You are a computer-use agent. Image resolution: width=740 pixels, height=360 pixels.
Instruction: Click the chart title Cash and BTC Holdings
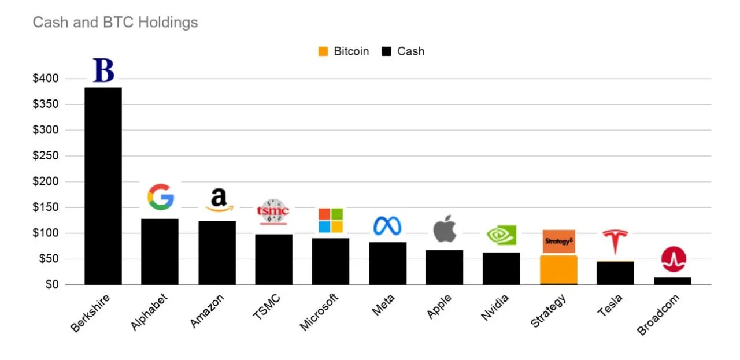tap(115, 23)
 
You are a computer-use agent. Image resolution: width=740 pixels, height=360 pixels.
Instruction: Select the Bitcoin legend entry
tap(343, 51)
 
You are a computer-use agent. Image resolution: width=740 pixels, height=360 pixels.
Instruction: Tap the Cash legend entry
tap(404, 51)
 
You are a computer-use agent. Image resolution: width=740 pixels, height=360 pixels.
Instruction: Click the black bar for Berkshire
tap(103, 186)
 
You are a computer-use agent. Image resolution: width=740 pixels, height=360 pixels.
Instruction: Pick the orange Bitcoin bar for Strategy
tap(558, 269)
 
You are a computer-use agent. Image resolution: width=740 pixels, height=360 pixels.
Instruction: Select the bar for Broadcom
tap(672, 281)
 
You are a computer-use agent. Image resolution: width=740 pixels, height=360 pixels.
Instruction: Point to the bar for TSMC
tap(273, 259)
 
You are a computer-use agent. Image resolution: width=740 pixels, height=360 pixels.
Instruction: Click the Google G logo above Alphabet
tap(160, 197)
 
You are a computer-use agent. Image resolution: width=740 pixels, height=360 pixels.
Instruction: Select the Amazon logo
tap(218, 200)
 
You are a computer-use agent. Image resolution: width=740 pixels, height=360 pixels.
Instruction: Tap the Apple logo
tap(445, 228)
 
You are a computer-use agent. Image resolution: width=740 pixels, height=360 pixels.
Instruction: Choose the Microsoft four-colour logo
tap(331, 220)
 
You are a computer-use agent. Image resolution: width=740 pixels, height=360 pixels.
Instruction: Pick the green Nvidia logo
tap(501, 235)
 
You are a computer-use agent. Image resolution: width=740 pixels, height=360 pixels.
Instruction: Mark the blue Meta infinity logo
tap(387, 225)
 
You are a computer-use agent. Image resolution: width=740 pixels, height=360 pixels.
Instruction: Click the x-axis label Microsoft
tap(319, 312)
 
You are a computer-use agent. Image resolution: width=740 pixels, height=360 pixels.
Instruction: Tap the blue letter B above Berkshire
tap(104, 70)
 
